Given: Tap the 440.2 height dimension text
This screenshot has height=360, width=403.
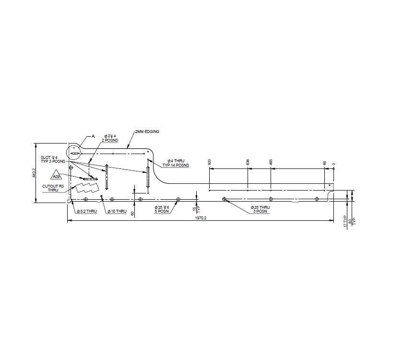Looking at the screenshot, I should [x=33, y=173].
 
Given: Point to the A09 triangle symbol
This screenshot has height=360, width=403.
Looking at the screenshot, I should [x=57, y=177].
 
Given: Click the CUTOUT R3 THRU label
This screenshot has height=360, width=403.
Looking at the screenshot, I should [x=53, y=188].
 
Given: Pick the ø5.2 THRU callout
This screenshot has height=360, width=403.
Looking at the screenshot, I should [x=87, y=211].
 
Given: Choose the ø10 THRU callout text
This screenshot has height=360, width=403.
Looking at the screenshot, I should [x=116, y=211].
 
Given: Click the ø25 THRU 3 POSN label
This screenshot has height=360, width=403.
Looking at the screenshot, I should [x=260, y=209].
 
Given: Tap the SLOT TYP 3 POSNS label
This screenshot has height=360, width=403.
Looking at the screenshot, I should [x=50, y=159].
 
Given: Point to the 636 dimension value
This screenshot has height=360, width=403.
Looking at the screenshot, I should [x=248, y=162].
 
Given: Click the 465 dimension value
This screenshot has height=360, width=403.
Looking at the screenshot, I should [x=271, y=162].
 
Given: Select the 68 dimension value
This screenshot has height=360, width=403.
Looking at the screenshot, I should [x=325, y=163].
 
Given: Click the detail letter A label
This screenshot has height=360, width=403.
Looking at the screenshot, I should [x=94, y=136].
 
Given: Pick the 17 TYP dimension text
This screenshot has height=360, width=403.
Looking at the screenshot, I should [x=345, y=221].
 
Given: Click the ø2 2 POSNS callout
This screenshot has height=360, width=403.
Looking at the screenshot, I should [x=110, y=138].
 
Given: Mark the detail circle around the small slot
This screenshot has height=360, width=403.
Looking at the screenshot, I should [x=75, y=152].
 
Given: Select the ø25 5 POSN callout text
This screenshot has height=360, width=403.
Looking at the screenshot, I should [x=162, y=209].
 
